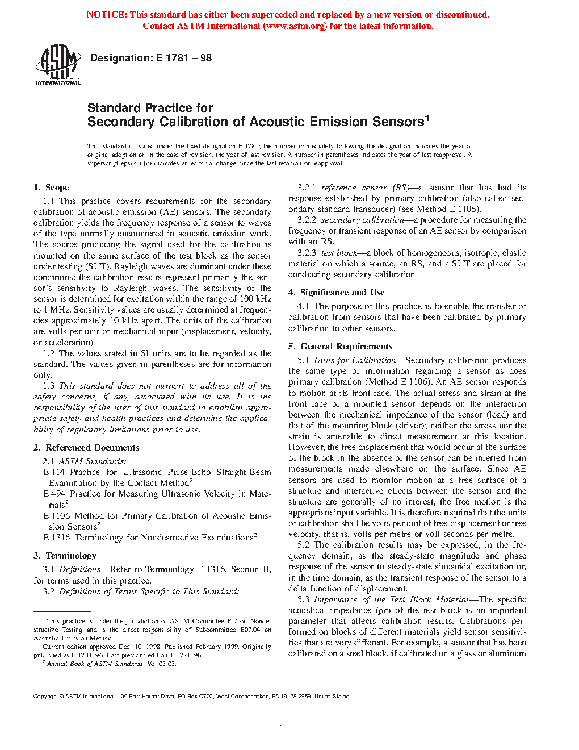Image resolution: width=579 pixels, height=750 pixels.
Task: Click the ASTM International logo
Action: click(x=58, y=65)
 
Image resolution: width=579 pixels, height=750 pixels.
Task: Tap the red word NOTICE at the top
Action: click(x=106, y=15)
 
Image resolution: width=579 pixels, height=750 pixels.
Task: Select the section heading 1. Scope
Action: click(x=51, y=188)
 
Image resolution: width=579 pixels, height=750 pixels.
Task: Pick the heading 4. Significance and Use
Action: click(x=336, y=293)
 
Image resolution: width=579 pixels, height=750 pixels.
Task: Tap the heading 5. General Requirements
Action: click(x=340, y=347)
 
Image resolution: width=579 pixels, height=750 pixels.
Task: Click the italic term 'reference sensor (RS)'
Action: click(x=365, y=188)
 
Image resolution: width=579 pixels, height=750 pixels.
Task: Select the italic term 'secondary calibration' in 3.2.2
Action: click(x=362, y=220)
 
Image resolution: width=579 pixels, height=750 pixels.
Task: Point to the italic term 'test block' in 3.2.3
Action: click(x=339, y=253)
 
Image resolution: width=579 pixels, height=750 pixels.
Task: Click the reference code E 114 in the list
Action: click(x=54, y=472)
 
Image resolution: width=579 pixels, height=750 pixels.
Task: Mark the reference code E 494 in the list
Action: click(x=54, y=494)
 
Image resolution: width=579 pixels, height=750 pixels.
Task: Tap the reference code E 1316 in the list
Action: click(x=56, y=537)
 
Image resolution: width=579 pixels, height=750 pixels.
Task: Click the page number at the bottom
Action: click(x=280, y=723)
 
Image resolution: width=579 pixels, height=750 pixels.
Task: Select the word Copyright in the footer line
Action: click(x=45, y=697)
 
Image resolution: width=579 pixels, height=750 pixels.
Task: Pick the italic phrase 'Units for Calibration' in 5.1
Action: click(x=354, y=360)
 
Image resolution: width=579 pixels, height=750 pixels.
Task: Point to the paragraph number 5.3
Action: click(x=303, y=599)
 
